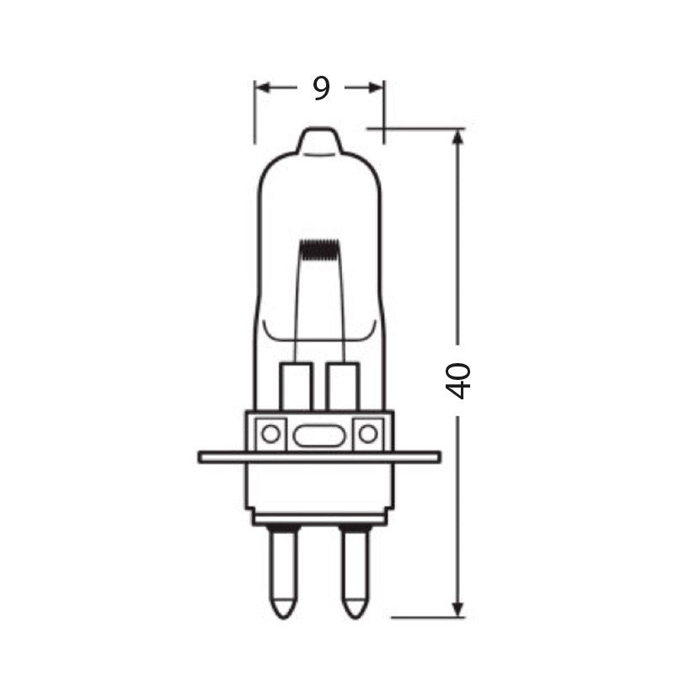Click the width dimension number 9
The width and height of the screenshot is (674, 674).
point(321,88)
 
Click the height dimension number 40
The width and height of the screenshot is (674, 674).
point(458,380)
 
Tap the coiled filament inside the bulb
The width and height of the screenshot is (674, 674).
point(320,250)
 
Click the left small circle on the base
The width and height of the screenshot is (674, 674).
point(270,434)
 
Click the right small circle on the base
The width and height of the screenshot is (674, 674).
point(367,434)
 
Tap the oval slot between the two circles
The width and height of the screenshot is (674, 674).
point(318,436)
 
